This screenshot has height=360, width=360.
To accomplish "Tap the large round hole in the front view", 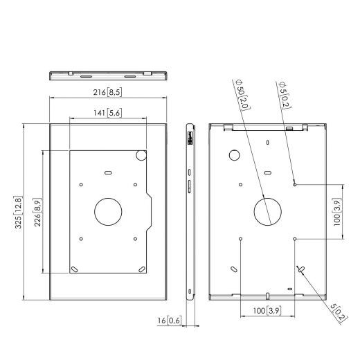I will click(x=107, y=211).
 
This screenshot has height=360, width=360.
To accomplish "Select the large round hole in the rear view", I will click(x=268, y=210).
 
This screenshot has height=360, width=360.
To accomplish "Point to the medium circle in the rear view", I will click(x=234, y=155).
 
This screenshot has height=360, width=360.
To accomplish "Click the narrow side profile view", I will click(x=190, y=211).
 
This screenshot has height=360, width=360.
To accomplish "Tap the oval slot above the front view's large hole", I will click(x=107, y=171).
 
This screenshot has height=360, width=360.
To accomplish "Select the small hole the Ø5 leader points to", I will click(x=296, y=183).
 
